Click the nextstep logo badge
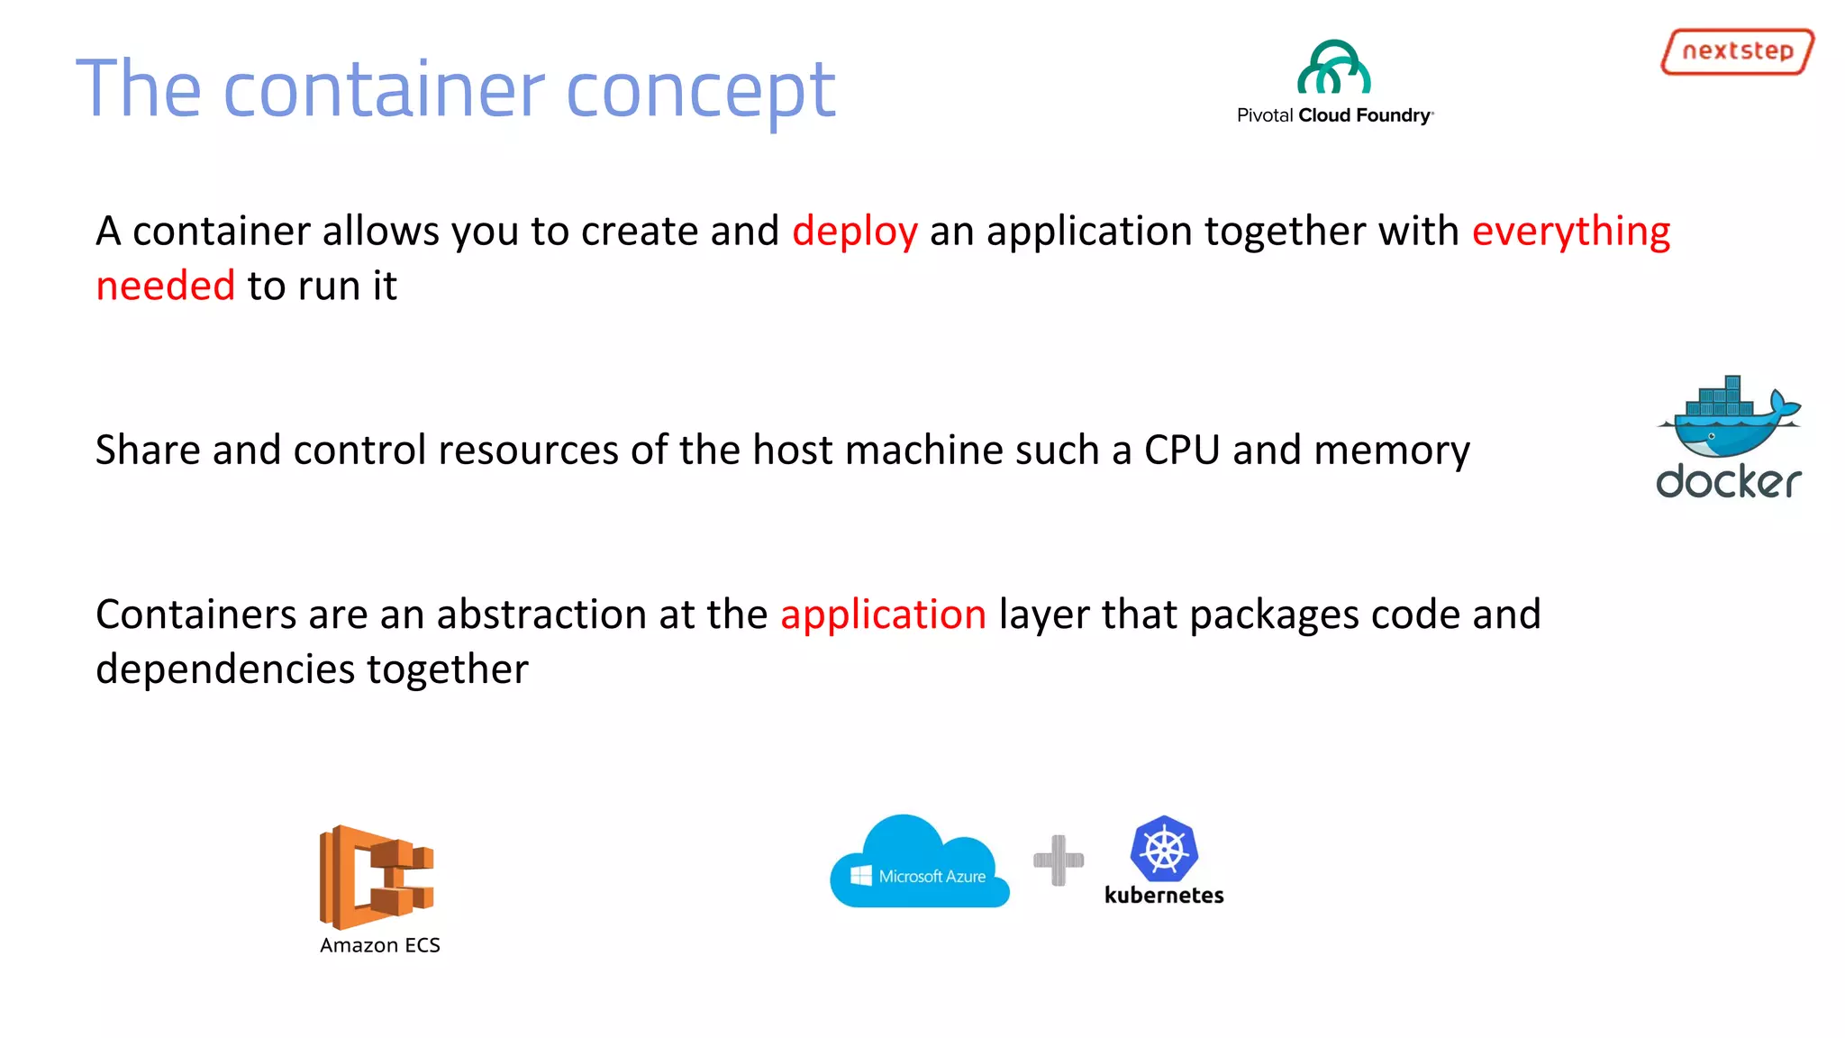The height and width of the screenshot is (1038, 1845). [x=1737, y=51]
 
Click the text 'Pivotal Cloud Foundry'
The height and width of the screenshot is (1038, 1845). [x=1334, y=115]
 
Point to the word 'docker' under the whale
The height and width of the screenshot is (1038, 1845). [x=1729, y=482]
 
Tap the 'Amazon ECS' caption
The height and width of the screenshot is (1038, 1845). [x=380, y=945]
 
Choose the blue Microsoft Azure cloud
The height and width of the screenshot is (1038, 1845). [x=919, y=863]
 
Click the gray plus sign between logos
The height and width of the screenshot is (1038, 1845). [x=1059, y=860]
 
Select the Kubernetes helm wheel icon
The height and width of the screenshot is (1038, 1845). [x=1164, y=849]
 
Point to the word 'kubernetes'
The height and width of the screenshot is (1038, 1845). [x=1164, y=896]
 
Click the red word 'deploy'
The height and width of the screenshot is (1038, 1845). [x=855, y=232]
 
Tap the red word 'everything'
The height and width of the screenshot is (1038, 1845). [x=1570, y=232]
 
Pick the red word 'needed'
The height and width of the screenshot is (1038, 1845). [x=166, y=287]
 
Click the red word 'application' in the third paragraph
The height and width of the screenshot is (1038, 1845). [x=883, y=615]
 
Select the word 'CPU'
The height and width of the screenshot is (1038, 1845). [x=1182, y=451]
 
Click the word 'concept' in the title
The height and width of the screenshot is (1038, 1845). [x=701, y=89]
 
